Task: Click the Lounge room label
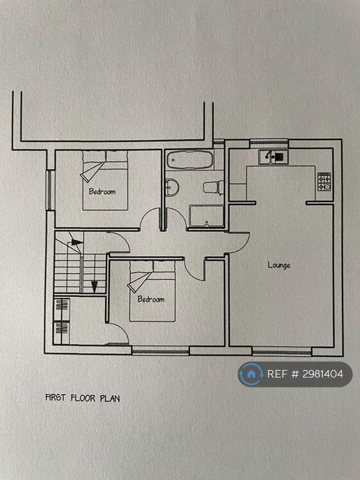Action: (279, 265)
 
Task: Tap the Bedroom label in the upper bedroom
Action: (102, 192)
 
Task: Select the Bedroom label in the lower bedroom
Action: (151, 299)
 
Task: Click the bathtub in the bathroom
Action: (190, 159)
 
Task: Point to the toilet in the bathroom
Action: (213, 187)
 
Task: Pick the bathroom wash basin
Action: (171, 187)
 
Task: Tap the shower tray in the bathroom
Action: (206, 216)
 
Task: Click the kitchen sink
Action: (272, 157)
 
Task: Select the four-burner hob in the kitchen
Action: (324, 182)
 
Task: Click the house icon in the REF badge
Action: (251, 374)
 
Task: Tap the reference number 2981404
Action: (322, 374)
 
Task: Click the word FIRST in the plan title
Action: (56, 397)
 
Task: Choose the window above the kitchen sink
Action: (269, 144)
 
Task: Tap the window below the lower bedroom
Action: (161, 350)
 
